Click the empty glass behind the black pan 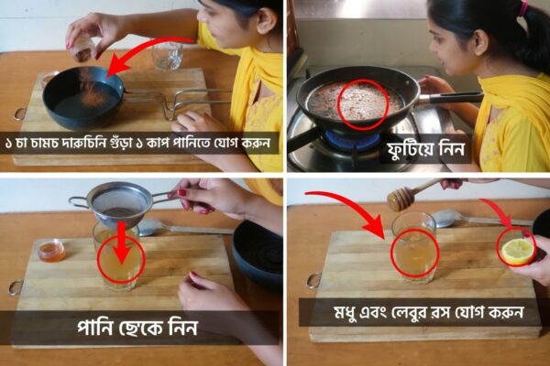pyautogui.click(x=167, y=55)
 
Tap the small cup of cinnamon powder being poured pyautogui.click(x=82, y=49)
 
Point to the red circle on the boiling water pyautogui.click(x=363, y=104)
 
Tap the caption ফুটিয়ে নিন pyautogui.click(x=426, y=149)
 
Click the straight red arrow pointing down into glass pyautogui.click(x=121, y=242)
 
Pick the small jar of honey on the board pyautogui.click(x=51, y=250)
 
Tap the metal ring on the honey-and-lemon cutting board pyautogui.click(x=313, y=281)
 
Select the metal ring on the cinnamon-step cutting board pyautogui.click(x=19, y=113)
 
